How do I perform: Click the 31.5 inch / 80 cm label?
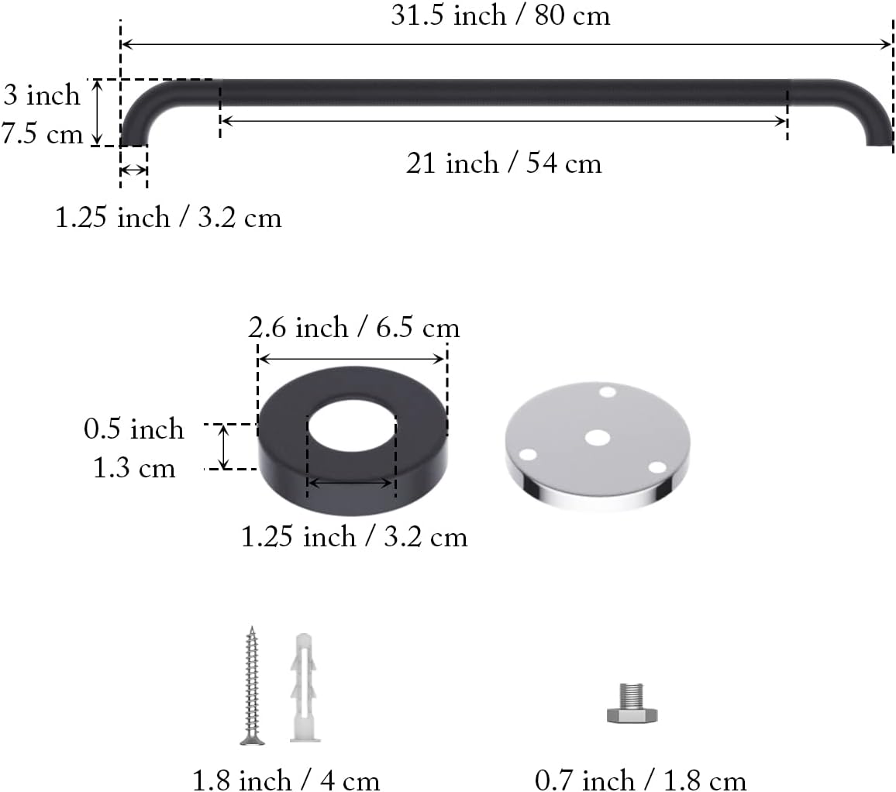click(501, 15)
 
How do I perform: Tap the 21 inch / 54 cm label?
click(504, 164)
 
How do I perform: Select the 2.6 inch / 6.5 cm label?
click(353, 328)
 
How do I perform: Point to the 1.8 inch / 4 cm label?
click(286, 780)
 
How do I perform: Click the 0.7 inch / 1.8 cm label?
click(640, 780)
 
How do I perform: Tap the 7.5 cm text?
click(43, 134)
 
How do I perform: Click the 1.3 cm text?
click(134, 469)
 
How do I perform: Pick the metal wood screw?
click(251, 686)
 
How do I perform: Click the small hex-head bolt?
click(632, 704)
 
